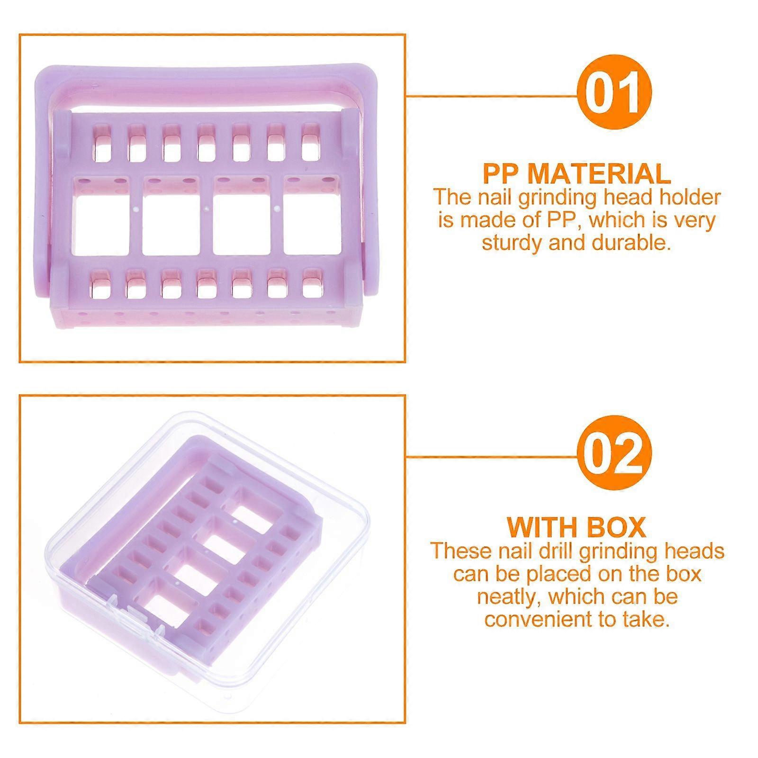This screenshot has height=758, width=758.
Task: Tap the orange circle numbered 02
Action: tap(614, 454)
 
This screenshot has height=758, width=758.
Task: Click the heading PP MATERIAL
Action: tap(577, 173)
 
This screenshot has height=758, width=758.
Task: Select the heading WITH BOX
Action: tap(577, 526)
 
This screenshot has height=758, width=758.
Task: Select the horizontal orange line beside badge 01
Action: tap(492, 96)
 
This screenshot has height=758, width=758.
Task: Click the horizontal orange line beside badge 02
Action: tap(492, 458)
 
